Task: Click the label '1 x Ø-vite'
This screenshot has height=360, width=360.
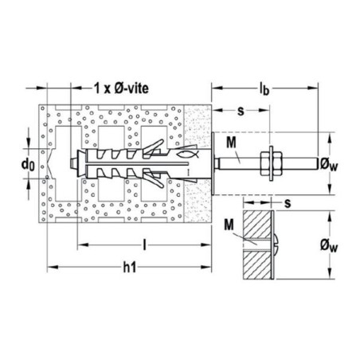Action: click(121, 88)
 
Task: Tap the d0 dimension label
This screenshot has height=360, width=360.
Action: click(28, 164)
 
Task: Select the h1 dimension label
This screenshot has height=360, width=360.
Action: click(130, 268)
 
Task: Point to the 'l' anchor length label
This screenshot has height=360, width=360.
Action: click(144, 245)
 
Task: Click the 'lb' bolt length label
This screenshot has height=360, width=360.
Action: click(264, 88)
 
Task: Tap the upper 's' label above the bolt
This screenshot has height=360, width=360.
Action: click(241, 111)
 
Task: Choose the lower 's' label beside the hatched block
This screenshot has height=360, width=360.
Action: click(288, 203)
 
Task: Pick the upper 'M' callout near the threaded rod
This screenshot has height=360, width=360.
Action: click(231, 143)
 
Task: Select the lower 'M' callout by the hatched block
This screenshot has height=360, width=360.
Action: click(229, 225)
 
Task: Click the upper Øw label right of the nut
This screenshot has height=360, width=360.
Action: click(329, 164)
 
